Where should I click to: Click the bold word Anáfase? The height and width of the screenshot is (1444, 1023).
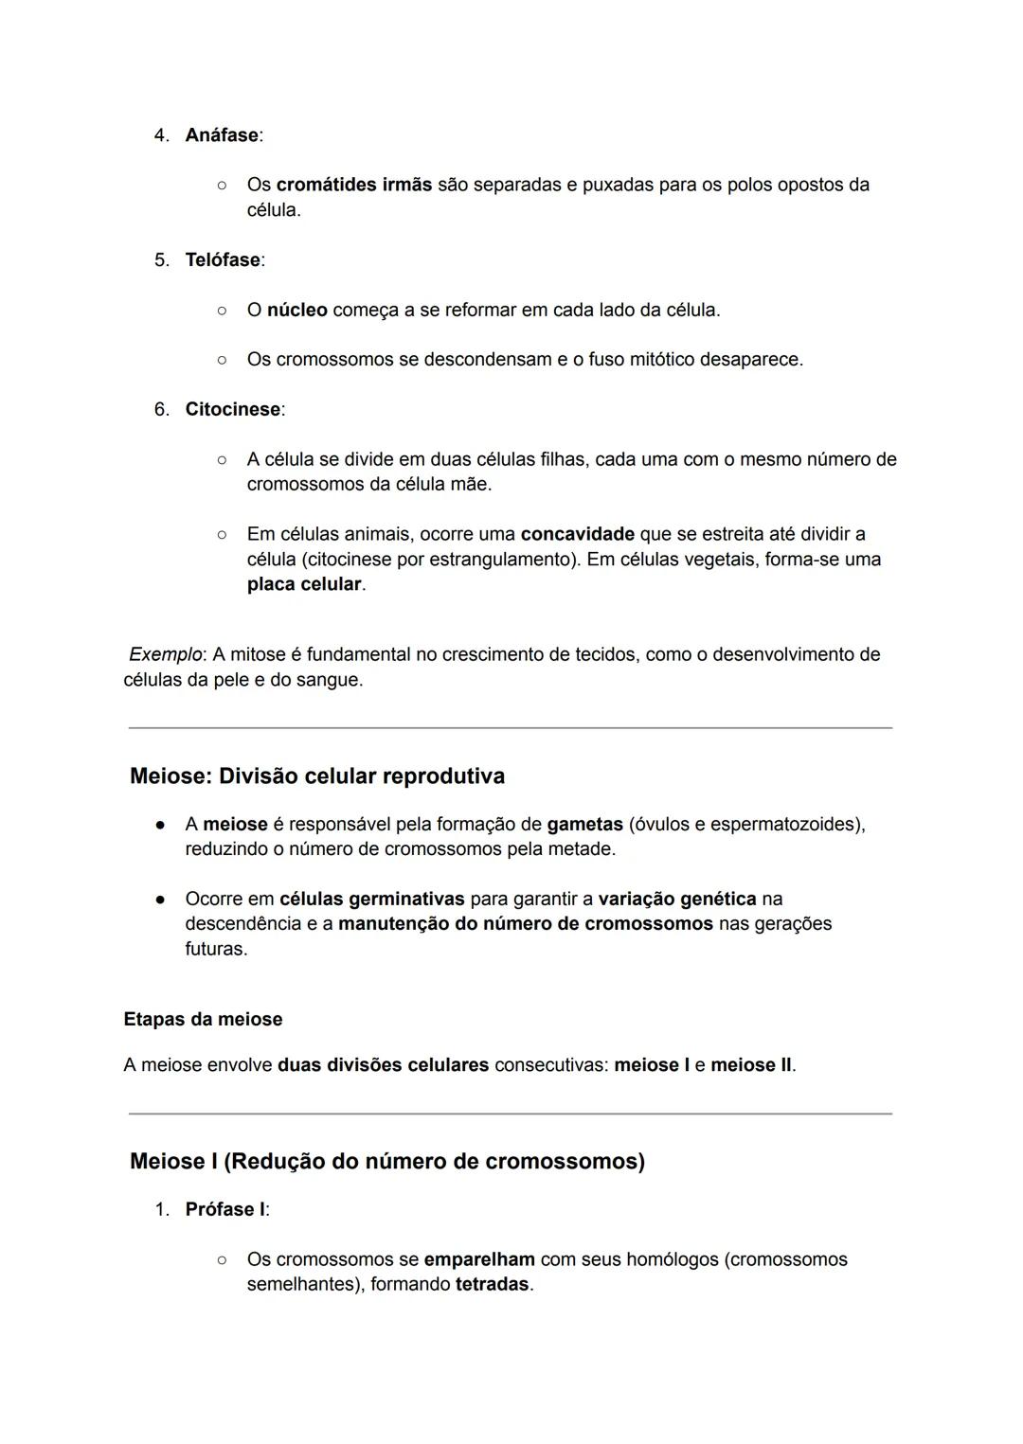coord(222,135)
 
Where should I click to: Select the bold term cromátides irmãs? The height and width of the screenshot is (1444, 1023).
coord(353,185)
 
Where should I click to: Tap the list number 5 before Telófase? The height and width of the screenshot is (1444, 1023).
coord(161,260)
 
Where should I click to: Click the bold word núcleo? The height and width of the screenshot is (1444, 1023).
coord(296,311)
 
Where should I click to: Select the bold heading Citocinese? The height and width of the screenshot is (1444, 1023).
coord(233,410)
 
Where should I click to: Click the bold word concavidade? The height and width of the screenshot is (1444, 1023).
coord(577,534)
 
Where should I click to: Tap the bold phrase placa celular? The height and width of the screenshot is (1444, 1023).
coord(304,584)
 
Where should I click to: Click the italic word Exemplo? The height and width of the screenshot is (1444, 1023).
coord(165,654)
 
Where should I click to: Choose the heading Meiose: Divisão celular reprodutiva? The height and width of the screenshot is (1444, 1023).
coord(317,776)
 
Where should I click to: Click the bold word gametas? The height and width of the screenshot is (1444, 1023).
coord(584,825)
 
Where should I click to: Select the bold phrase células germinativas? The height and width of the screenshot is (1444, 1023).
coord(371,899)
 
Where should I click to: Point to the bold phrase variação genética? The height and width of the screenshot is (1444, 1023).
coord(676,899)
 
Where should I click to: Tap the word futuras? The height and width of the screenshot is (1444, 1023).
coord(215,949)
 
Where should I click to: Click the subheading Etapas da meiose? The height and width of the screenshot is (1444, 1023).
coord(203,1020)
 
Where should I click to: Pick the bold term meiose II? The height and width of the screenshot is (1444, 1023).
coord(750,1065)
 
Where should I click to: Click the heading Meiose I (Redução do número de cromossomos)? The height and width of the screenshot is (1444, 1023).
coord(386,1162)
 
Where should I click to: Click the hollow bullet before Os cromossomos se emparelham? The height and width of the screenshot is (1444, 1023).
coord(221,1260)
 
